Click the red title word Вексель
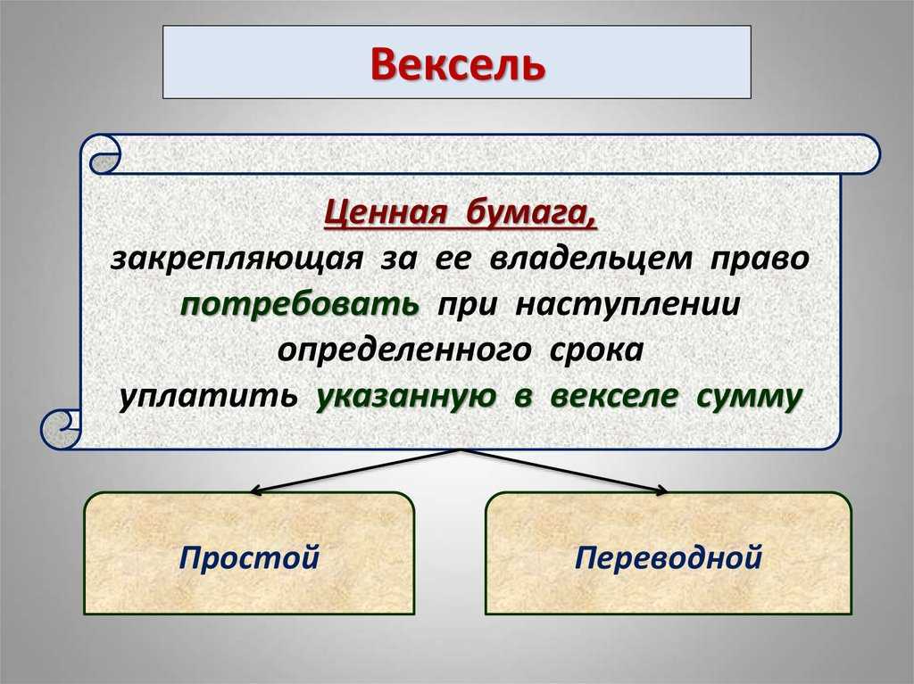pyautogui.click(x=458, y=64)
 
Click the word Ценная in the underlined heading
pyautogui.click(x=386, y=212)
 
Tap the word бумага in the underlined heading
pyautogui.click(x=531, y=212)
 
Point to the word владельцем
pyautogui.click(x=591, y=259)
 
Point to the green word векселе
pyautogui.click(x=614, y=397)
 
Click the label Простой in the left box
pyautogui.click(x=250, y=557)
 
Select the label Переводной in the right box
pyautogui.click(x=669, y=557)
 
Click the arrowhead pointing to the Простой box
pyautogui.click(x=254, y=491)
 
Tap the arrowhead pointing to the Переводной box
pyautogui.click(x=661, y=490)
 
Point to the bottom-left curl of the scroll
pyautogui.click(x=61, y=429)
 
